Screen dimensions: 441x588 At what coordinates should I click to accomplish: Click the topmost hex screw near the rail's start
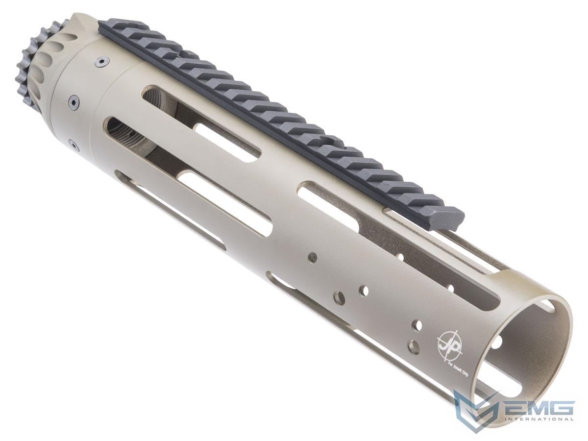tap(101, 62)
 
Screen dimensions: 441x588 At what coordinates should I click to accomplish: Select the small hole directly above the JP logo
tap(417, 324)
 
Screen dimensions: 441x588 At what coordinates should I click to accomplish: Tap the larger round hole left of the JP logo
tap(415, 346)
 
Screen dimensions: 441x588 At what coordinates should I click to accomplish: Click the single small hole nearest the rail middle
tap(311, 256)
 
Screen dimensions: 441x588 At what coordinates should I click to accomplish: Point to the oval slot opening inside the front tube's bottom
tap(510, 387)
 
